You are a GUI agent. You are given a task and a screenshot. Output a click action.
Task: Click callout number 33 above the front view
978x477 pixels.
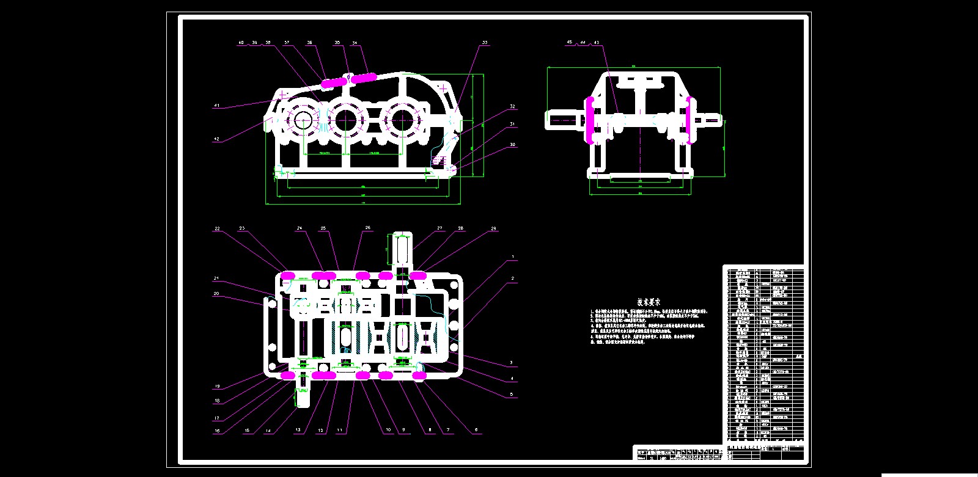485,43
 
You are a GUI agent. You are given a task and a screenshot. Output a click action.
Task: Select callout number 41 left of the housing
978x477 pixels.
216,106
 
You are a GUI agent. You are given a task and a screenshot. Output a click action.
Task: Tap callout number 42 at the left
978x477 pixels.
216,139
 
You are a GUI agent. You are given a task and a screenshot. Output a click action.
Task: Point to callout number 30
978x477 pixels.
512,145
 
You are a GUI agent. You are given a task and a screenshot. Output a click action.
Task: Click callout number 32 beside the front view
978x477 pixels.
512,106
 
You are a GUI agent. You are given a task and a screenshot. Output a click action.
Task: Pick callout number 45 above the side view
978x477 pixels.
570,42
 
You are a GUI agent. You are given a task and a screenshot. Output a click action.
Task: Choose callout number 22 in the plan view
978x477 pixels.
217,228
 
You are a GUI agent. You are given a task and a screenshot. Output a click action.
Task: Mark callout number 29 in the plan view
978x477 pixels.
494,228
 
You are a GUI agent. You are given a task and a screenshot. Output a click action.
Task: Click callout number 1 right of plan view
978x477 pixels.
512,257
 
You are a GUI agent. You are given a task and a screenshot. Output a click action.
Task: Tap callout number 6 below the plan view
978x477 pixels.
476,430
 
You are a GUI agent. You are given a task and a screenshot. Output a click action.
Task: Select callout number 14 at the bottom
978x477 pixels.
268,431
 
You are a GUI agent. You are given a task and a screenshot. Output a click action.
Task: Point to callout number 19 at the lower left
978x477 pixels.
217,387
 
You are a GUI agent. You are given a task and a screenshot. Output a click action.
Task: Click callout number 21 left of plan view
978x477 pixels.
216,279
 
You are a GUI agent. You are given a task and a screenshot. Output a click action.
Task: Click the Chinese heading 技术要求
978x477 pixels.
648,302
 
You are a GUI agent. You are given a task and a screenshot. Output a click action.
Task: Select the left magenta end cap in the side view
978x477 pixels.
590,120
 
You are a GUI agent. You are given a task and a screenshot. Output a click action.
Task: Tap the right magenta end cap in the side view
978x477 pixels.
688,120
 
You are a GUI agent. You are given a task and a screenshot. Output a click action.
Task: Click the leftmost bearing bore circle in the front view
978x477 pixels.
304,120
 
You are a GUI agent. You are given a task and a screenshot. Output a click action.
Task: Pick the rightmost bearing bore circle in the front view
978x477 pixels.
400,120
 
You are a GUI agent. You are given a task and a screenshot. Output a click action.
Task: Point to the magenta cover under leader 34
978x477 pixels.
363,78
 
